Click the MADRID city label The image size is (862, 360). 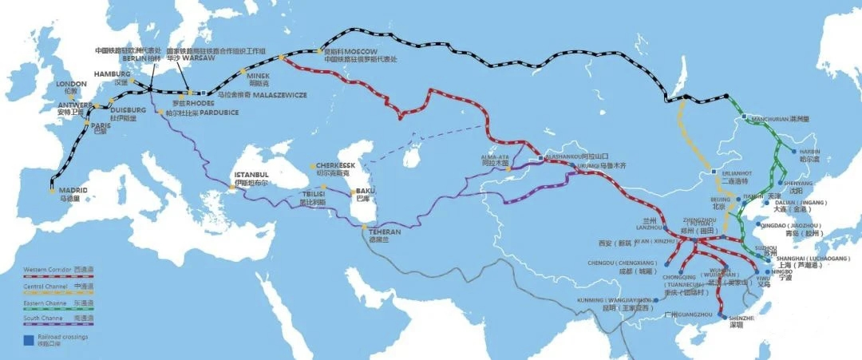point(73,190)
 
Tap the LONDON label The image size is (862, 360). point(72,83)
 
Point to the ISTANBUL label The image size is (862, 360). point(251,174)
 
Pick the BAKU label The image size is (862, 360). point(366,191)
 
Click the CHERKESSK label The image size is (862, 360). point(334,166)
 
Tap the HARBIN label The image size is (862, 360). point(809,151)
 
